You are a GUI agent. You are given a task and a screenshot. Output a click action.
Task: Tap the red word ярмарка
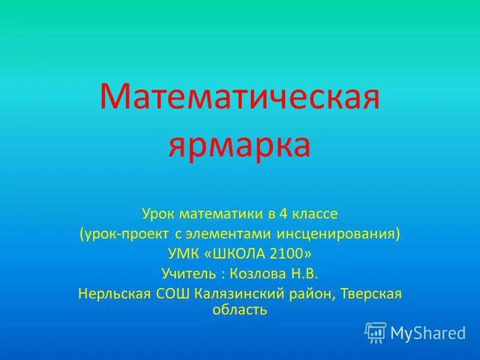pos(240,144)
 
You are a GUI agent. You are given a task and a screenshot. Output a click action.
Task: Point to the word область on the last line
pos(240,310)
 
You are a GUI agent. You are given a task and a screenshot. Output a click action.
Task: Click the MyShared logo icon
pos(376,332)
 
